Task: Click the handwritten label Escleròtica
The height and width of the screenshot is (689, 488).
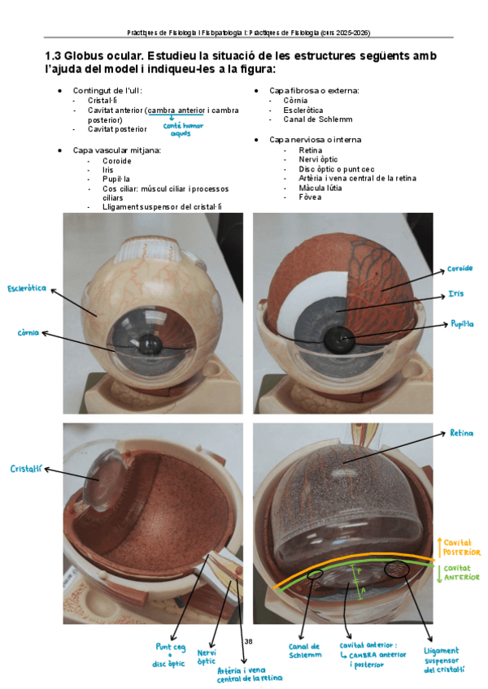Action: tap(27, 289)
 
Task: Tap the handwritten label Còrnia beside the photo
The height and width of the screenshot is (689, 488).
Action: tap(28, 333)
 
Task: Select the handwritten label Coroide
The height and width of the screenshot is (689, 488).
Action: tap(460, 269)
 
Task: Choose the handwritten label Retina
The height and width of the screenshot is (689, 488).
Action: tap(461, 433)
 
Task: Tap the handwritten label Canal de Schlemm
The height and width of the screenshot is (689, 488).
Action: tap(303, 651)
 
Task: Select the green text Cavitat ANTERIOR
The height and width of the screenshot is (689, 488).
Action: tap(462, 574)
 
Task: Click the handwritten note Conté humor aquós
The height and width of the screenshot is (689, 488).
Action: tap(183, 129)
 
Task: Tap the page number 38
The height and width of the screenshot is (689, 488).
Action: tap(248, 642)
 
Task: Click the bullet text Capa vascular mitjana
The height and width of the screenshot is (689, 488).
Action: tap(116, 150)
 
